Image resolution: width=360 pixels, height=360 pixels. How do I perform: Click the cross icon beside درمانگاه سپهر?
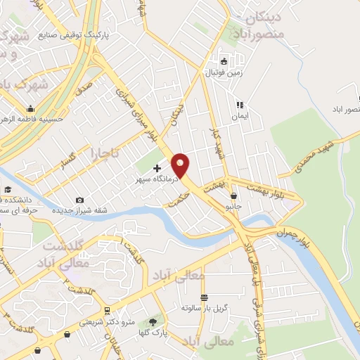click(156, 168)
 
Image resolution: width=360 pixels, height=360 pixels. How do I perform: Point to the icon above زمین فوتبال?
click(224, 60)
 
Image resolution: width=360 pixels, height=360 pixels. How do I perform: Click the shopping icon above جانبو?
click(233, 196)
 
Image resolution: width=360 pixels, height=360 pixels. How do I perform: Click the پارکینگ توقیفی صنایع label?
click(144, 33)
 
